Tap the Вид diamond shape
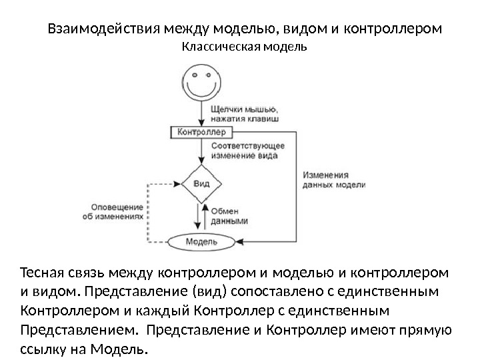pos(201,182)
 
